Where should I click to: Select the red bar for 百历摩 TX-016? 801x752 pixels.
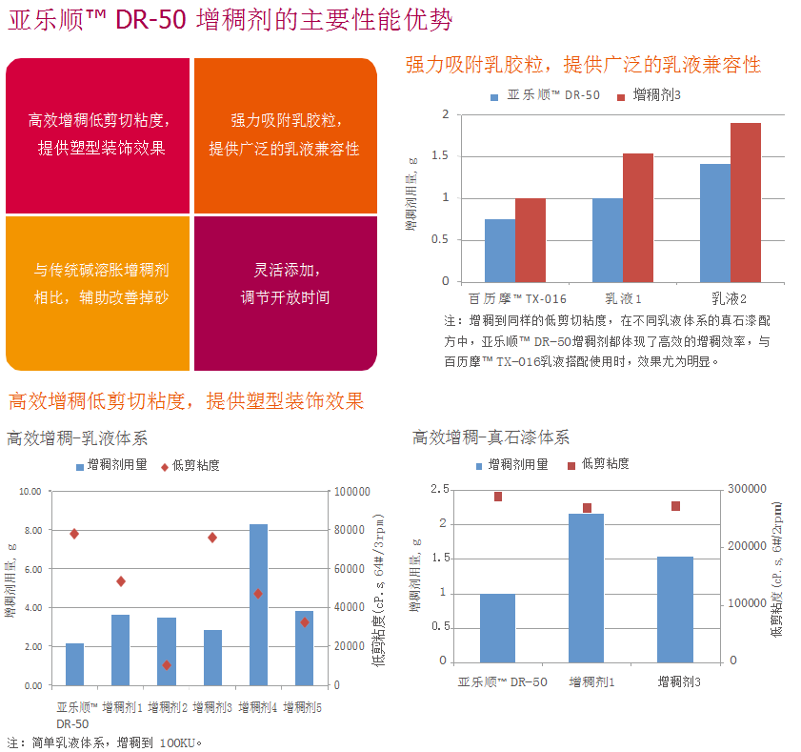coord(531,239)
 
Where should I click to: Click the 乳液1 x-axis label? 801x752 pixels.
coord(623,298)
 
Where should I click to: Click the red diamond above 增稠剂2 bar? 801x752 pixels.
coord(167,665)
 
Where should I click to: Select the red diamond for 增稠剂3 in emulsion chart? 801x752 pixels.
coord(212,538)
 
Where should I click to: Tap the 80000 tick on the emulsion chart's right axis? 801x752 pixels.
coord(350,530)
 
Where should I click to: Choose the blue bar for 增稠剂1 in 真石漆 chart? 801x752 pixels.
coord(586,587)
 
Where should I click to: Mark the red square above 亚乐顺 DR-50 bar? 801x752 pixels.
coord(497,497)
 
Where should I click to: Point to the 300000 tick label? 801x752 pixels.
coord(748,489)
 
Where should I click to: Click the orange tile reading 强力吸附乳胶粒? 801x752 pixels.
coord(285,134)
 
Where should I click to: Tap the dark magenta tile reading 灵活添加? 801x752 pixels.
coord(285,284)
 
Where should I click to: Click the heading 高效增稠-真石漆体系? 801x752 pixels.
coord(491,437)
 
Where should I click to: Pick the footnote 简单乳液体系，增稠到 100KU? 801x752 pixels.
coord(105,742)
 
